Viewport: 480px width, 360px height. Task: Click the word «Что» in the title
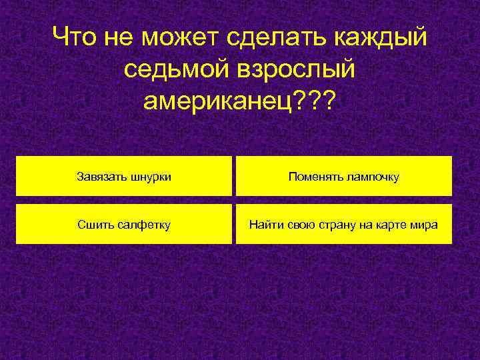click(x=75, y=37)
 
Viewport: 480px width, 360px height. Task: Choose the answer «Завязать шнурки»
click(x=124, y=177)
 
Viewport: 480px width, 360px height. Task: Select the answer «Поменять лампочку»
click(x=344, y=177)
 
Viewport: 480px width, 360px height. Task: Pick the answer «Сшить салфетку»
click(x=124, y=225)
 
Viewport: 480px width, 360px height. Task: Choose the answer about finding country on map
click(x=344, y=225)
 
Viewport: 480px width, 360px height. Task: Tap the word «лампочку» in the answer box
click(x=371, y=177)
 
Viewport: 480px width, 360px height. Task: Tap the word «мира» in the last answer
click(x=425, y=225)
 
